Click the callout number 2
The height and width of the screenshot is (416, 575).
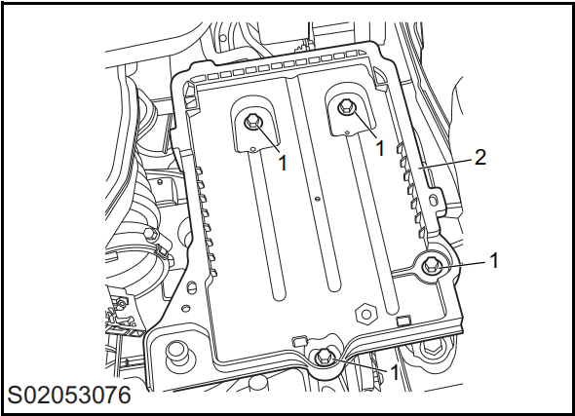479,157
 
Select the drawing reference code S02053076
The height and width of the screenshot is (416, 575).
69,396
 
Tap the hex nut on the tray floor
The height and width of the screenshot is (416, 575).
365,314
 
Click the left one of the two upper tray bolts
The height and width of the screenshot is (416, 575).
252,122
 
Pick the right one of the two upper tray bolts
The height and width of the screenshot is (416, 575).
346,107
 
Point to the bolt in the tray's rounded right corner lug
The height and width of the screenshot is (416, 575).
431,265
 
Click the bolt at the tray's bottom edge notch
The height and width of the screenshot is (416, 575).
324,356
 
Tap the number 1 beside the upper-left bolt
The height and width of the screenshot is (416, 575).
283,163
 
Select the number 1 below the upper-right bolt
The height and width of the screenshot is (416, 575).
380,148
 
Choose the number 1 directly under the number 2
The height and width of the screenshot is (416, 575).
493,260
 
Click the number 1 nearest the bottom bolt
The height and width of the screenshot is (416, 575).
394,373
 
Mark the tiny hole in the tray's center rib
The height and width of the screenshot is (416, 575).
318,199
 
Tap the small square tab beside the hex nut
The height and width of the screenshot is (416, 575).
403,321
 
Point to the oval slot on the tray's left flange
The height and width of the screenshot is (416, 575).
190,287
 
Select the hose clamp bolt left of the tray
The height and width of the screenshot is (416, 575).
150,234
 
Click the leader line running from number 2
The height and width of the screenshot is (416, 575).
445,164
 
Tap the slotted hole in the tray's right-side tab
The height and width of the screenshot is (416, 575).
434,200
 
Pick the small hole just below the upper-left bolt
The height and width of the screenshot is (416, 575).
252,149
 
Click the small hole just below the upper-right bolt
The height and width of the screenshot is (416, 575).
347,132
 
